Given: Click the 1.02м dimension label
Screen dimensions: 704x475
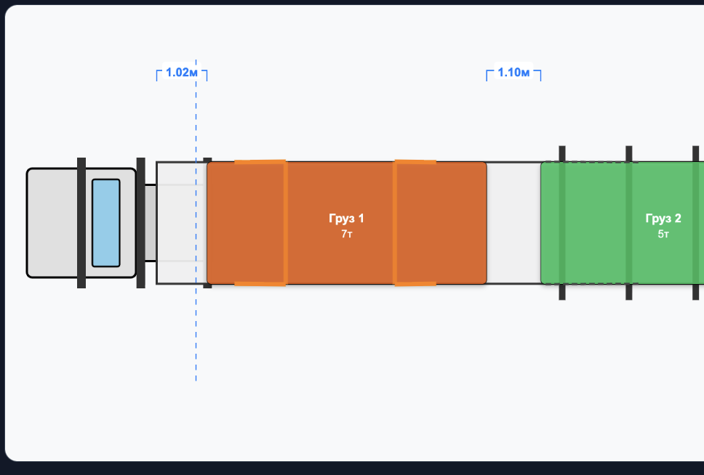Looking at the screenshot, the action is click(x=181, y=72).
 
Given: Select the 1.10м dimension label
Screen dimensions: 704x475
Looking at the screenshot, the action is click(x=513, y=72).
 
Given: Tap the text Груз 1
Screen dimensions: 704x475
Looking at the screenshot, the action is click(x=346, y=219).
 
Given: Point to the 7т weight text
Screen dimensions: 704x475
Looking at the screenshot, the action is click(x=347, y=234).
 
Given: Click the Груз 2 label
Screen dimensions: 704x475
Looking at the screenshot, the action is click(x=663, y=219).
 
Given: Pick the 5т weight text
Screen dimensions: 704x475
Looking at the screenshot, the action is click(x=663, y=234).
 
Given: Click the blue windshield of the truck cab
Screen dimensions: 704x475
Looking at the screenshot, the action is click(x=106, y=223).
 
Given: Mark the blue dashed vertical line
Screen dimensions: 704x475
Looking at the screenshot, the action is click(x=196, y=220).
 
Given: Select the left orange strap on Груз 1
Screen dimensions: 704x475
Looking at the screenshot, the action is click(x=285, y=223).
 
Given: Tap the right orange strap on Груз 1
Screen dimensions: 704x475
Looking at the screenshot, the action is click(x=395, y=223).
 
